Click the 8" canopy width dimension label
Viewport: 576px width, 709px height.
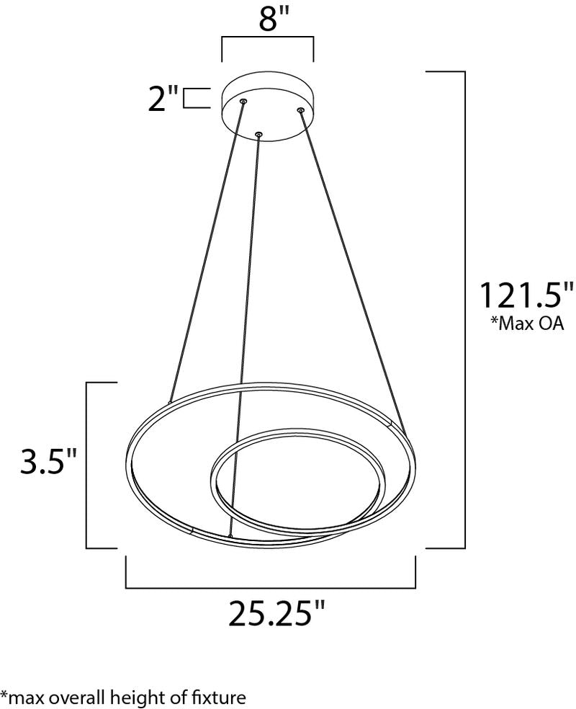pyautogui.click(x=268, y=19)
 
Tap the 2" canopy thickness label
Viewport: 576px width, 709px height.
pyautogui.click(x=163, y=98)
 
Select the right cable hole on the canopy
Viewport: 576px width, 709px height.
pyautogui.click(x=300, y=110)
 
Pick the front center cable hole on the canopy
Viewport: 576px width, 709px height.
pyautogui.click(x=259, y=133)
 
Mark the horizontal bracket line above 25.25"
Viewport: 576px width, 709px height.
pyautogui.click(x=271, y=587)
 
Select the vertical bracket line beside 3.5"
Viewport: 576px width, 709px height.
pyautogui.click(x=88, y=465)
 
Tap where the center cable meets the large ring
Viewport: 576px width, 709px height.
pyautogui.click(x=230, y=536)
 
